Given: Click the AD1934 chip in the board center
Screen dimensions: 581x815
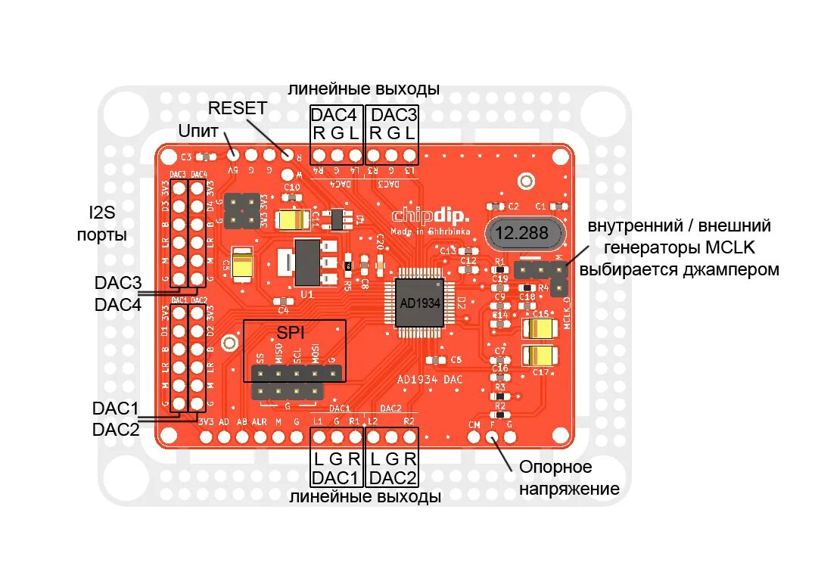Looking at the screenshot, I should tap(419, 303).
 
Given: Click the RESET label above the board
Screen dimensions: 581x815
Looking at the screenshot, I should tap(238, 108).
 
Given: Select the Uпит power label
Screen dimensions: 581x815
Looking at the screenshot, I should tap(198, 131).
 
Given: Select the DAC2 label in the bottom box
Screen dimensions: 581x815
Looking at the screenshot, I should tap(394, 478).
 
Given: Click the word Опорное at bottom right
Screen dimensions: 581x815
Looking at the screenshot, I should tap(556, 467).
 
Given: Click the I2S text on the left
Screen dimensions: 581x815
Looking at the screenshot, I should tap(101, 213).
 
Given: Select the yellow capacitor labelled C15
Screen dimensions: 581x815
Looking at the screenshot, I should tap(540, 328).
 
